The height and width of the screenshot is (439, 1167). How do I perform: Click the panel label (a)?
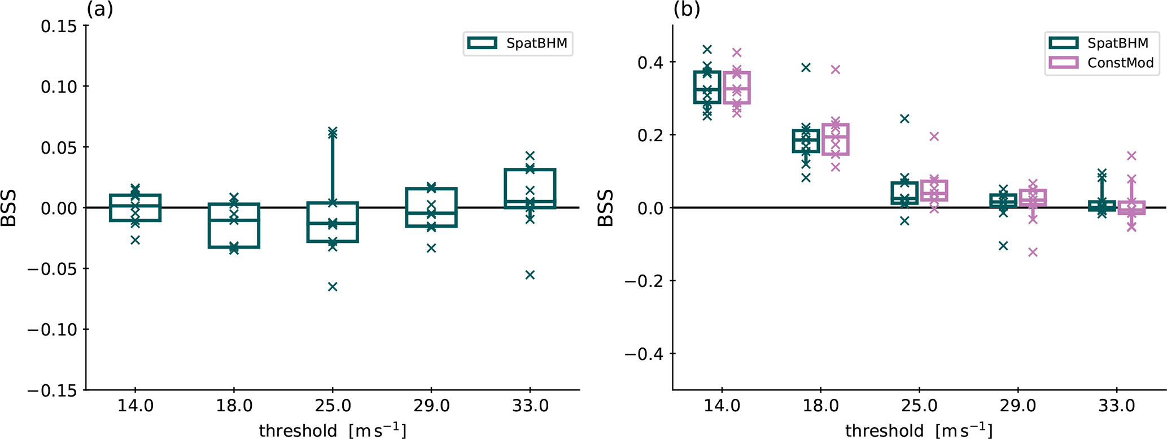(x=100, y=10)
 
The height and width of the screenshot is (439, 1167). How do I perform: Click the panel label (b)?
(x=687, y=10)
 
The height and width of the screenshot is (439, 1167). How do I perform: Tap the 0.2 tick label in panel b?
(x=650, y=135)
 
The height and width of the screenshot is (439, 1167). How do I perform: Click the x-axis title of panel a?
(x=333, y=430)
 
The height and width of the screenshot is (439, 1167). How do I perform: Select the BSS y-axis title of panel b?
(x=605, y=208)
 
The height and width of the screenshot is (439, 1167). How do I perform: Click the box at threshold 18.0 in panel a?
(x=234, y=225)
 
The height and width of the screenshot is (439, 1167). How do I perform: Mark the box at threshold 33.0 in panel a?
(x=530, y=189)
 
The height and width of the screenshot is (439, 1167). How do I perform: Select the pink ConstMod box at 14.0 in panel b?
(x=737, y=88)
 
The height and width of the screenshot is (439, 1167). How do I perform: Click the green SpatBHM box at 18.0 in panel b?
(x=806, y=141)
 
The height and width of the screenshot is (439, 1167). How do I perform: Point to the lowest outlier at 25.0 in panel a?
(x=333, y=286)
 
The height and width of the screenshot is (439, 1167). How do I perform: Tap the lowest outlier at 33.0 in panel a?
(x=530, y=275)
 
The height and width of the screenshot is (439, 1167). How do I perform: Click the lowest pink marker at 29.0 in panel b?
(x=1033, y=252)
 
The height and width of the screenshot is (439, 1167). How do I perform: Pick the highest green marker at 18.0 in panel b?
(x=806, y=68)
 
